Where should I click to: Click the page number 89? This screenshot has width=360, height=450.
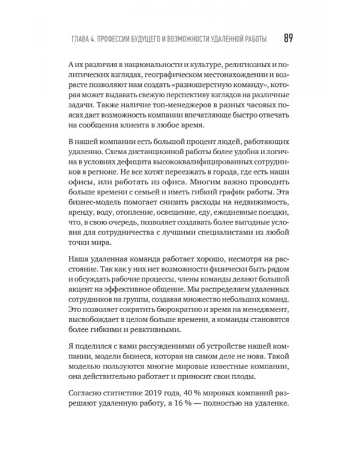click(287, 38)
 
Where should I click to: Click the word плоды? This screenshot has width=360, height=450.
click(256, 376)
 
